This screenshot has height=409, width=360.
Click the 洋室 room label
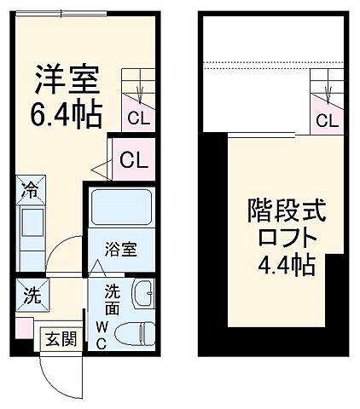(67, 80)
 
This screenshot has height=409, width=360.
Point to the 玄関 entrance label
(60, 338)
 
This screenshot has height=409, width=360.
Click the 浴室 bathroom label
(121, 251)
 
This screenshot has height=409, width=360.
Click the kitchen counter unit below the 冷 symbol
(31, 228)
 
